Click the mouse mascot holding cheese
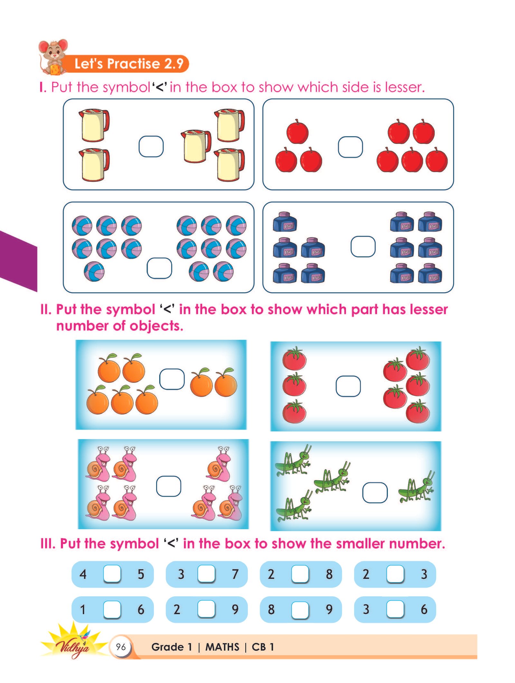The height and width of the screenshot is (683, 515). (53, 57)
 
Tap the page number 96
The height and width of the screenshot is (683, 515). (121, 647)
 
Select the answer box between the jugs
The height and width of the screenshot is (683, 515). (151, 146)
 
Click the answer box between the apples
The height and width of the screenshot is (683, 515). (350, 147)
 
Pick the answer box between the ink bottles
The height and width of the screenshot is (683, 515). (363, 247)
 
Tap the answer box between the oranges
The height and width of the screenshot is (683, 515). (172, 379)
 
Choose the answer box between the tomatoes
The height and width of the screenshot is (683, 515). (348, 386)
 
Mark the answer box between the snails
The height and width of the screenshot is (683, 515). (168, 486)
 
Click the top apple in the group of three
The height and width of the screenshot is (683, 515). (297, 132)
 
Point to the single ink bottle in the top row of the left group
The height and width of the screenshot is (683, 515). (285, 222)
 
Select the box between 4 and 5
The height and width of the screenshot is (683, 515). (112, 574)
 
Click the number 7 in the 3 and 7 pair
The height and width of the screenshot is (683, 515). (235, 574)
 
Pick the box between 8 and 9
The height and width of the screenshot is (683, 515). (300, 610)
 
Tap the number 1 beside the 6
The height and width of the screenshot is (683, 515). (83, 610)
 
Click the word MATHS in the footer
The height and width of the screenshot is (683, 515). (222, 647)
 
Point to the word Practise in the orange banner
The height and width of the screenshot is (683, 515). (133, 63)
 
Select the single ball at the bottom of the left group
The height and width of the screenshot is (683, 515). (94, 271)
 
